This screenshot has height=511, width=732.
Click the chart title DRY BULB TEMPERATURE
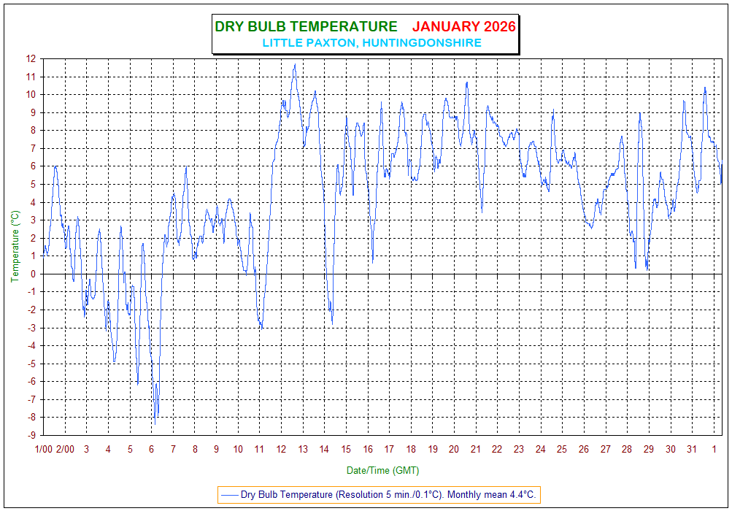point(306,27)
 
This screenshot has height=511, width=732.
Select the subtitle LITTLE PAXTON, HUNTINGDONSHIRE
point(371,43)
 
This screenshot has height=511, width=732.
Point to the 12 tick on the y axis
point(31,58)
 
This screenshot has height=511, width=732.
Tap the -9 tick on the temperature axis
point(30,435)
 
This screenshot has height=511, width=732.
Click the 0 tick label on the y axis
point(34,274)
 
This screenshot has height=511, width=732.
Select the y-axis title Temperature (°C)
point(15,247)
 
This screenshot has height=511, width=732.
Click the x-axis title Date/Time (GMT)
point(382,470)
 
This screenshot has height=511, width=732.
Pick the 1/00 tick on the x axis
point(43,449)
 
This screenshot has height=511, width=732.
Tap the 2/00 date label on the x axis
point(65,449)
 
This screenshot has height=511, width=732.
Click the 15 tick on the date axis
point(346,449)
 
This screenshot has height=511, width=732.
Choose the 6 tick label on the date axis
point(151,449)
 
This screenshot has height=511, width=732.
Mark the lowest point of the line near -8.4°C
point(155,424)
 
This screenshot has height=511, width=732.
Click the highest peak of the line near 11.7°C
point(295,64)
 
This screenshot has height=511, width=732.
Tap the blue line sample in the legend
point(231,494)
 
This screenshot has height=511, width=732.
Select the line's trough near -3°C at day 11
point(261,327)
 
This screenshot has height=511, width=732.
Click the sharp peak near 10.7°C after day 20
point(467,82)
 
